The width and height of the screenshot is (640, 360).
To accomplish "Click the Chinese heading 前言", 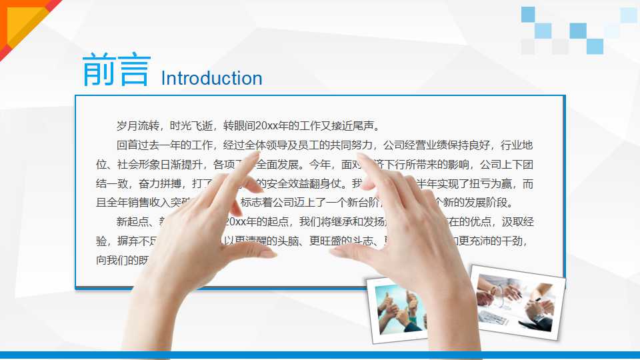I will coord(116,71).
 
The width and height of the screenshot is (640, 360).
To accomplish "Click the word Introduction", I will coord(211,78).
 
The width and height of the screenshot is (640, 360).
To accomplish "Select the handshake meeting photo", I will coord(517,301).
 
